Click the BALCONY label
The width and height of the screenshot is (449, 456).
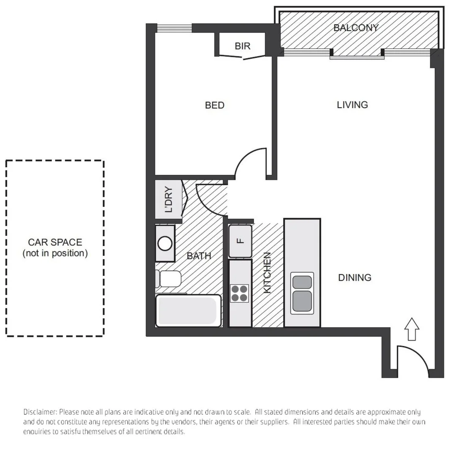356,28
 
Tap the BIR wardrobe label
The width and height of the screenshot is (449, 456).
242,46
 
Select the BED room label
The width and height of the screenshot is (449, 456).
214,105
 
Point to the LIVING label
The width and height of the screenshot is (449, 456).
352,105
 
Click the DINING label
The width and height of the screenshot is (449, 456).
354,278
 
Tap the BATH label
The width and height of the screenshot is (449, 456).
199,256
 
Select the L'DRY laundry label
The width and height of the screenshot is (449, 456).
168,200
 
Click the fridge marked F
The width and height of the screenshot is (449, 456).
240,241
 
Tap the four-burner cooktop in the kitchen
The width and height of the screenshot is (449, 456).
239,293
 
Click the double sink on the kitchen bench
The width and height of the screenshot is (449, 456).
302,293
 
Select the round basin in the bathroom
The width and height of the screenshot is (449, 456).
165,244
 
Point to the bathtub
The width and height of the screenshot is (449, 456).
188,312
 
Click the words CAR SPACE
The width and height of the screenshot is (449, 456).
55,242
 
